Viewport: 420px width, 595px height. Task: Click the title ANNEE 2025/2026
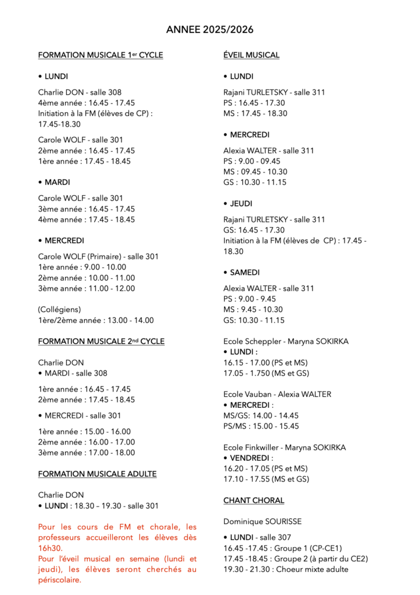[x=210, y=30]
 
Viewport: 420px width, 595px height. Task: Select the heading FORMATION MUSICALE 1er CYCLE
[x=100, y=55]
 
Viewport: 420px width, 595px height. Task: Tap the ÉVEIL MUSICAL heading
[x=252, y=55]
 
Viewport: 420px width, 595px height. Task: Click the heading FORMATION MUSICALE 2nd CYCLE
[x=101, y=341]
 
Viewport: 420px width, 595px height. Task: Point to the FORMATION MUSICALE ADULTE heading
[x=97, y=474]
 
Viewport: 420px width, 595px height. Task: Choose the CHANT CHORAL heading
[x=254, y=500]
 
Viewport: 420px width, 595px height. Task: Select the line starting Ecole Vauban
[x=277, y=394]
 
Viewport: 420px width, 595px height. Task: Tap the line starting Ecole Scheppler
[x=286, y=341]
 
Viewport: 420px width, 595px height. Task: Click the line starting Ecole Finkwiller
[x=285, y=447]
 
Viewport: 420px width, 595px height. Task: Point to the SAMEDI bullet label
[x=244, y=273]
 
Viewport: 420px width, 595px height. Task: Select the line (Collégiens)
[x=60, y=310]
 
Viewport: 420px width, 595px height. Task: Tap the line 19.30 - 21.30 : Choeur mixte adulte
[x=286, y=569]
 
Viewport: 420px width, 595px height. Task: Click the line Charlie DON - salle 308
[x=80, y=92]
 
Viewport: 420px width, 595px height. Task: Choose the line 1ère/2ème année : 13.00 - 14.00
[x=96, y=320]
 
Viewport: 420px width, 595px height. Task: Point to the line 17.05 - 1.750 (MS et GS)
[x=266, y=373]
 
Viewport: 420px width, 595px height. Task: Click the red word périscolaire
[x=60, y=580]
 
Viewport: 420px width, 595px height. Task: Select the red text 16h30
[x=51, y=548]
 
